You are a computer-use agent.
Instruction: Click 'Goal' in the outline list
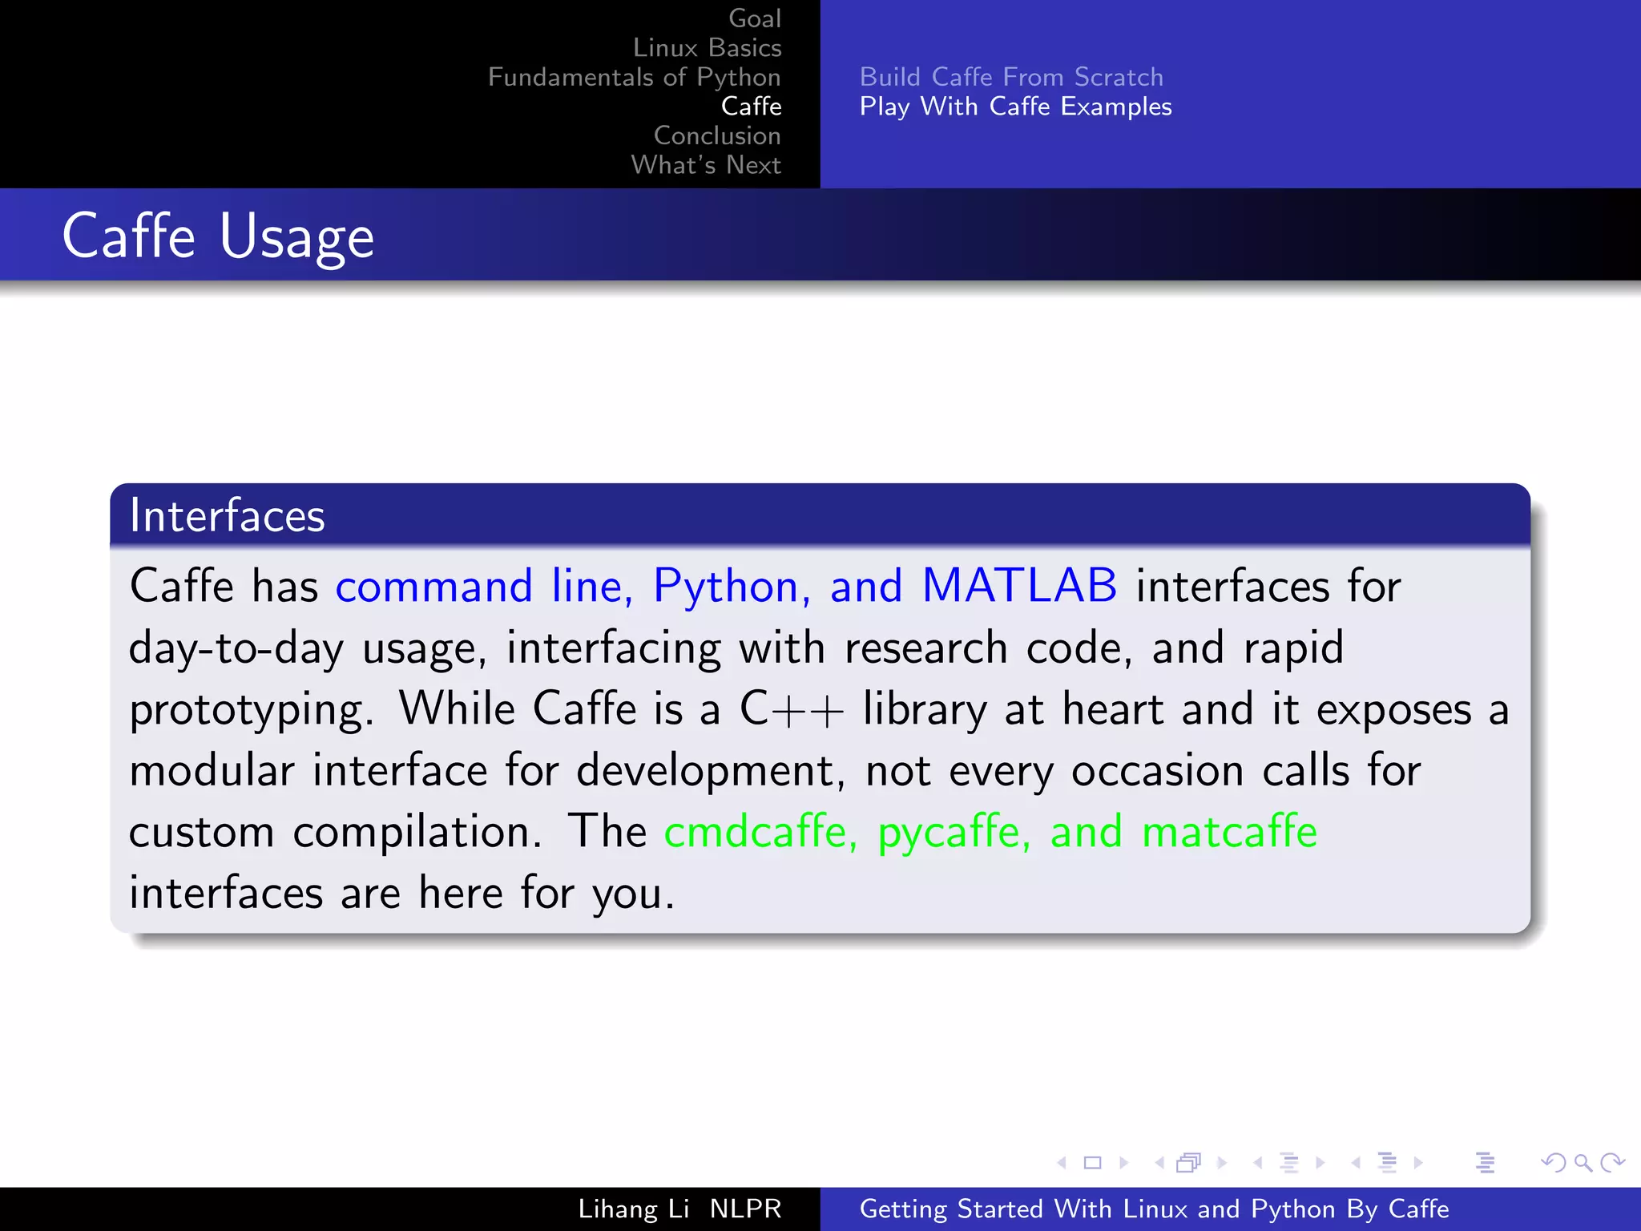point(754,18)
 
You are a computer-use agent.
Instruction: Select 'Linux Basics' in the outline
point(707,48)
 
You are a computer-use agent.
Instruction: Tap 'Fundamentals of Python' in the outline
point(634,77)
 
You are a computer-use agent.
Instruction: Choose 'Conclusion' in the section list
point(716,135)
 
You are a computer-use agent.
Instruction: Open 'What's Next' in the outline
point(705,165)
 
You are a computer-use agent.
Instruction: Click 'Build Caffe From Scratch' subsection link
point(1010,77)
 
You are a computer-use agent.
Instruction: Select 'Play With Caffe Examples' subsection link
point(1015,107)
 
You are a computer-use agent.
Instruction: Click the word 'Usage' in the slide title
point(296,237)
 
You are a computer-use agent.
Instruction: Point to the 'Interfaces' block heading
point(228,515)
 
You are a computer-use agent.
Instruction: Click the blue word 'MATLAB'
point(1019,586)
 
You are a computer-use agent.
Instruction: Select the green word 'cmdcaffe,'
point(760,832)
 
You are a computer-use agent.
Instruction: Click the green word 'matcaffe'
point(1229,832)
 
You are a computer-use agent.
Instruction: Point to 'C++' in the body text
point(791,709)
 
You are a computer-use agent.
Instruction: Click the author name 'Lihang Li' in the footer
point(633,1209)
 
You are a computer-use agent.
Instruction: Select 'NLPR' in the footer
point(745,1209)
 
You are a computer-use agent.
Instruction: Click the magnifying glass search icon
point(1583,1163)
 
